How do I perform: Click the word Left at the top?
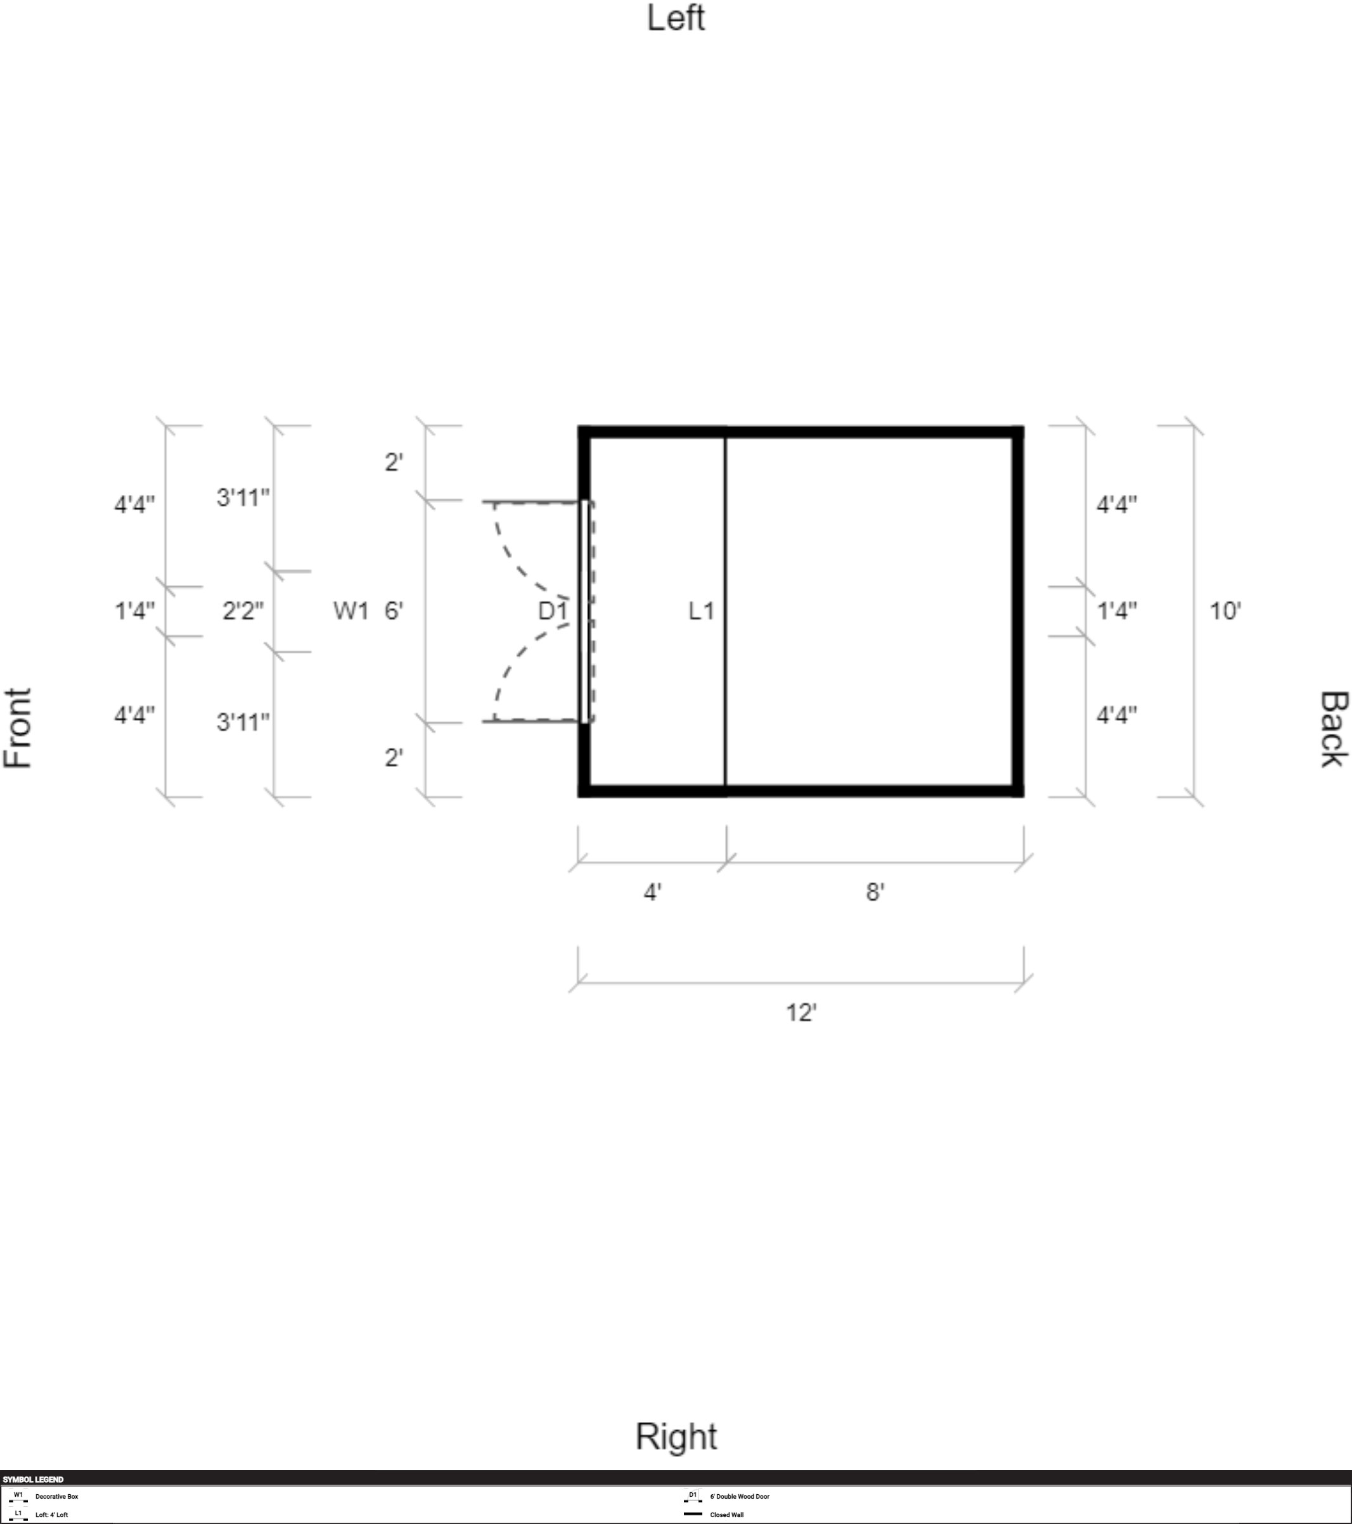coord(675,18)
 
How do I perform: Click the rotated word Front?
coord(18,727)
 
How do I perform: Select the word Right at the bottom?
coord(676,1436)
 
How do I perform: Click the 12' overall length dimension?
coord(801,1013)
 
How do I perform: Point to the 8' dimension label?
coord(875,892)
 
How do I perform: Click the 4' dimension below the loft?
coord(652,892)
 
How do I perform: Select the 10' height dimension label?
coord(1225,612)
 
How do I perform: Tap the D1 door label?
coord(553,612)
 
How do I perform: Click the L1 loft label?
coord(701,612)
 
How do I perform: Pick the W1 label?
coord(351,612)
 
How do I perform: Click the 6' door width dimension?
coord(394,612)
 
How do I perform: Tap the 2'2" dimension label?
coord(243,612)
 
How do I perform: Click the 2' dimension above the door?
coord(394,463)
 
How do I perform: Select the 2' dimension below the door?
coord(394,757)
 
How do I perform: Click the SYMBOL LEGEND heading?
coord(33,1479)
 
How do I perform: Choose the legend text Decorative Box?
coord(56,1496)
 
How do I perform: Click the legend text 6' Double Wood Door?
coord(739,1496)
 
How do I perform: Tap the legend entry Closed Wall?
coord(726,1514)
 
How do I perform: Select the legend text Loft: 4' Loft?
coord(51,1514)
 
